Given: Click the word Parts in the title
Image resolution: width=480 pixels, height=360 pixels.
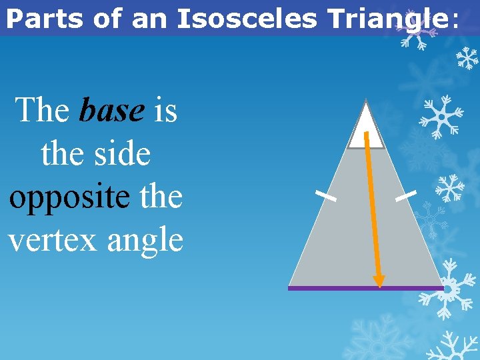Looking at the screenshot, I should pyautogui.click(x=45, y=19).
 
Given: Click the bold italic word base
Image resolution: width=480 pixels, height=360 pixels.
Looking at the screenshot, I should pyautogui.click(x=111, y=110).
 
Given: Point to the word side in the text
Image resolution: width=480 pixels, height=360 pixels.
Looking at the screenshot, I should pyautogui.click(x=123, y=153).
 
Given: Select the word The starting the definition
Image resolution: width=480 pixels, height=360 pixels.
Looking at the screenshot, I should pyautogui.click(x=42, y=110).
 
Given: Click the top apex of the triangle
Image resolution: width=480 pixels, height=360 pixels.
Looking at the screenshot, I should pyautogui.click(x=366, y=101).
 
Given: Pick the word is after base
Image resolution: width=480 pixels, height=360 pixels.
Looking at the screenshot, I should pyautogui.click(x=165, y=110).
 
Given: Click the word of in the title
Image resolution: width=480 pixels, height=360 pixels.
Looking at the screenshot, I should pyautogui.click(x=111, y=19).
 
